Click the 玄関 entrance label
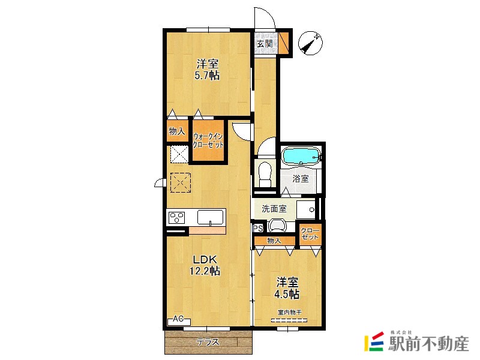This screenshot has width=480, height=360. pos(265,43)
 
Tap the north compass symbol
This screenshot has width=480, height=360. pos(310,43)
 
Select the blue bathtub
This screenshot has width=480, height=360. pos(301,156)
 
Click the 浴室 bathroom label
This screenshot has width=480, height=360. pos(301,178)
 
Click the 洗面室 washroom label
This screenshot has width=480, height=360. pos(274,209)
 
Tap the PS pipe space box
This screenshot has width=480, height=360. pos(258,229)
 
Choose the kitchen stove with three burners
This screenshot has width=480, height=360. pos(177,217)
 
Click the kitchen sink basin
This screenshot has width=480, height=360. pos(210,217)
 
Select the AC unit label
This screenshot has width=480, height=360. pos(179,320)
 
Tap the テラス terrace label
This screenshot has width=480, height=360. pos(208,342)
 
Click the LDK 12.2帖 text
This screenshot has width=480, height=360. pos(205,265)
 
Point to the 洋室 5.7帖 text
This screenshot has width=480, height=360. pos(207,70)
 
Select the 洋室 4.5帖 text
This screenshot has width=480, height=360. pos(287,288)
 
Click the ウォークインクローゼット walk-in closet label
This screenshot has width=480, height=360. pos(208,140)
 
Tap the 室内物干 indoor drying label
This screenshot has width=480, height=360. pos(290,313)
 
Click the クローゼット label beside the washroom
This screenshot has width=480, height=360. pos(310,234)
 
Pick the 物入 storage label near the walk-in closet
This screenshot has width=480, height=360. pos(177,131)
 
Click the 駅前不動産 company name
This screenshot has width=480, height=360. pos(428,344)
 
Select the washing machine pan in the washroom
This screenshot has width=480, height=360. pos(306,209)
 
